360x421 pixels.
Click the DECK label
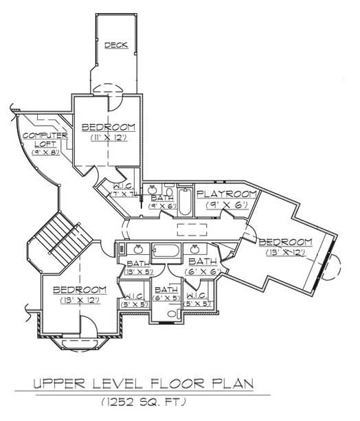pyautogui.click(x=117, y=46)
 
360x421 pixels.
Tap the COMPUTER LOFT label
pyautogui.click(x=44, y=139)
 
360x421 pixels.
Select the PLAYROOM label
pyautogui.click(x=227, y=194)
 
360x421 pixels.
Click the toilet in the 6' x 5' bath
pyautogui.click(x=171, y=315)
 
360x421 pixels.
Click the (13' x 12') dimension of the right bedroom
pyautogui.click(x=285, y=253)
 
